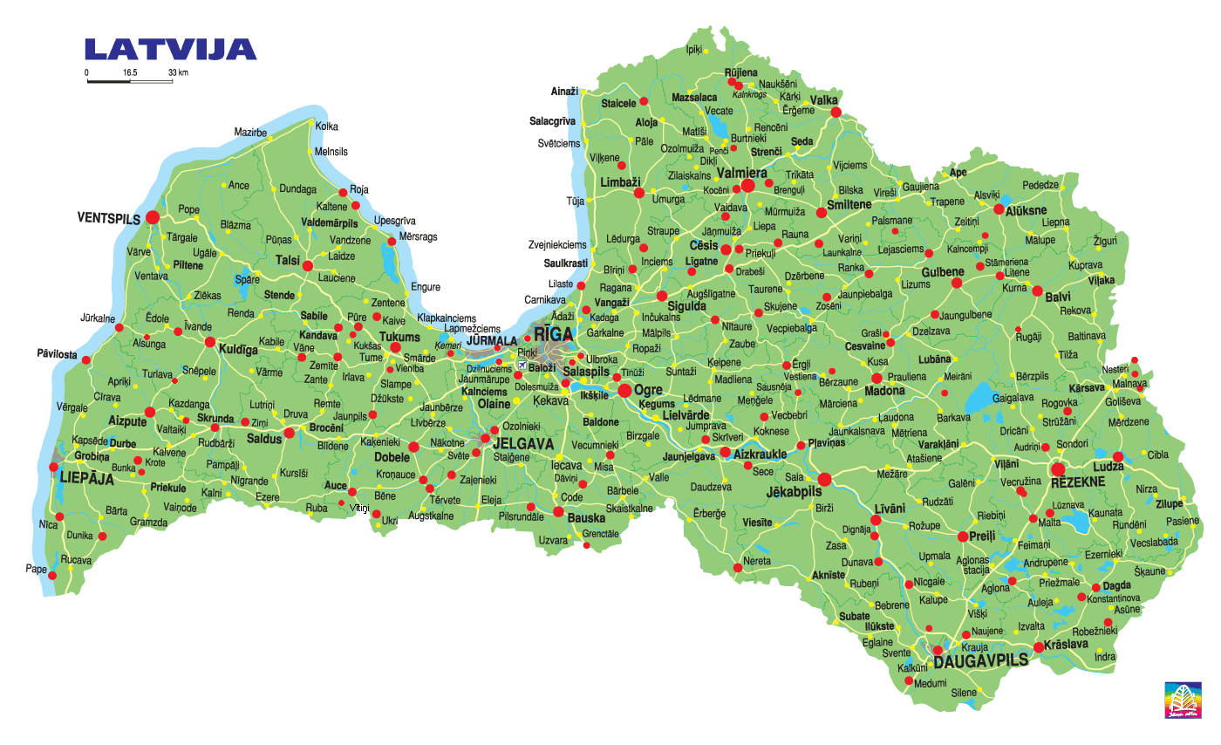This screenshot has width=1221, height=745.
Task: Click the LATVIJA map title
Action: pyautogui.click(x=170, y=49)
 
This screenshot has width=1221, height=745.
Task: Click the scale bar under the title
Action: pyautogui.click(x=129, y=82)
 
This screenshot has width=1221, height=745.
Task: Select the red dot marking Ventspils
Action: pyautogui.click(x=153, y=217)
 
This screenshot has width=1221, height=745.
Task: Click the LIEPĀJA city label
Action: pyautogui.click(x=86, y=477)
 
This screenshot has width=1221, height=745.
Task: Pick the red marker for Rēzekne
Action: pyautogui.click(x=1059, y=469)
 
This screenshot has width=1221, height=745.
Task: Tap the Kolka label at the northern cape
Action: pyautogui.click(x=326, y=126)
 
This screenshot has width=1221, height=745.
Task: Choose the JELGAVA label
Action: pyautogui.click(x=523, y=444)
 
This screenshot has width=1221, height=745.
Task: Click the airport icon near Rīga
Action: pyautogui.click(x=522, y=365)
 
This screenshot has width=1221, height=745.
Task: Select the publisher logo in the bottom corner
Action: pyautogui.click(x=1182, y=699)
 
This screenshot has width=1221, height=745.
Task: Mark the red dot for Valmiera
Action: pyautogui.click(x=747, y=187)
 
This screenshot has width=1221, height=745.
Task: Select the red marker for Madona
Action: pyautogui.click(x=877, y=379)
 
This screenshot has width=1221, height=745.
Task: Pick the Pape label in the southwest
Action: pyautogui.click(x=36, y=569)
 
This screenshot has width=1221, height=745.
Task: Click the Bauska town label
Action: pyautogui.click(x=586, y=517)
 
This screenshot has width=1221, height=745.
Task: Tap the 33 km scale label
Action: pyautogui.click(x=178, y=72)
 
